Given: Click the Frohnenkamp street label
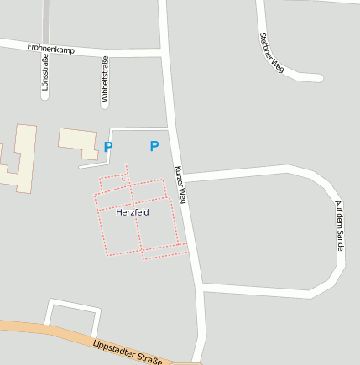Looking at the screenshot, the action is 50,50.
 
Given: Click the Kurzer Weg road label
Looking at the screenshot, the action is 180,184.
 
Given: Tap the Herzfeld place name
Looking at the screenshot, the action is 132,212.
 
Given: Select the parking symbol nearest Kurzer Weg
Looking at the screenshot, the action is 154,146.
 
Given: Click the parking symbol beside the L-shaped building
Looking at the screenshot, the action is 108,147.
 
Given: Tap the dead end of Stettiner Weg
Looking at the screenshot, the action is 319,78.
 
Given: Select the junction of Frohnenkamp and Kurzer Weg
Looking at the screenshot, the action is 164,54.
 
